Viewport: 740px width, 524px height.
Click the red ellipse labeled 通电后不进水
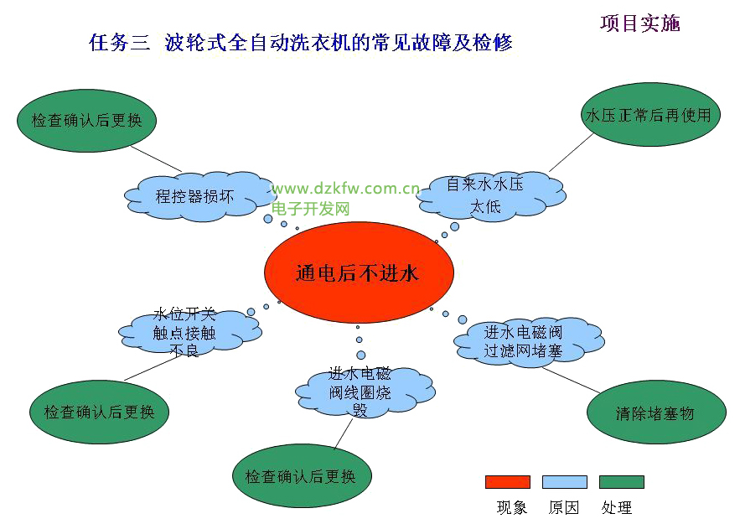[x=359, y=272]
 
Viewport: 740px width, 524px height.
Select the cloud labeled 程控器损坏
[x=199, y=196]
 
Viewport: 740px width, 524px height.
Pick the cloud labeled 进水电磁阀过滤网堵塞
[x=529, y=342]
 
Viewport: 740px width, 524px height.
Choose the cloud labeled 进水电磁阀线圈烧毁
[x=365, y=392]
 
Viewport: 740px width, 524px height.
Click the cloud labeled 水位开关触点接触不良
[x=189, y=333]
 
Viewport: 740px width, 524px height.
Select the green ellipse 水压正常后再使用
[x=650, y=115]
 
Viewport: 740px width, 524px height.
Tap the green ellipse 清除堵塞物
[x=656, y=412]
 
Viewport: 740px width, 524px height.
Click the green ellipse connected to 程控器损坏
[x=86, y=121]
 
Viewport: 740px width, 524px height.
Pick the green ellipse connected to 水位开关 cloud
[x=99, y=412]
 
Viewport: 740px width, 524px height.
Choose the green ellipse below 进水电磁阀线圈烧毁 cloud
[x=302, y=476]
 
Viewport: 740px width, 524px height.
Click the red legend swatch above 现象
[x=508, y=482]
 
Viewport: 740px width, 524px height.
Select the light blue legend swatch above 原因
[x=565, y=482]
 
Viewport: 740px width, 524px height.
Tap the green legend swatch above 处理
[x=622, y=482]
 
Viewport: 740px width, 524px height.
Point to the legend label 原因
[x=564, y=507]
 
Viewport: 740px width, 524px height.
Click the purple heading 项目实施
[x=640, y=23]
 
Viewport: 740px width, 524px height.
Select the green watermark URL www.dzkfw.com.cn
[x=345, y=189]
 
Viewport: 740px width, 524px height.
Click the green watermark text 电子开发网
[x=311, y=209]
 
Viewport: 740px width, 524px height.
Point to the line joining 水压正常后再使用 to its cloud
[x=571, y=153]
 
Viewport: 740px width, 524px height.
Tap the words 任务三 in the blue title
[x=119, y=43]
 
